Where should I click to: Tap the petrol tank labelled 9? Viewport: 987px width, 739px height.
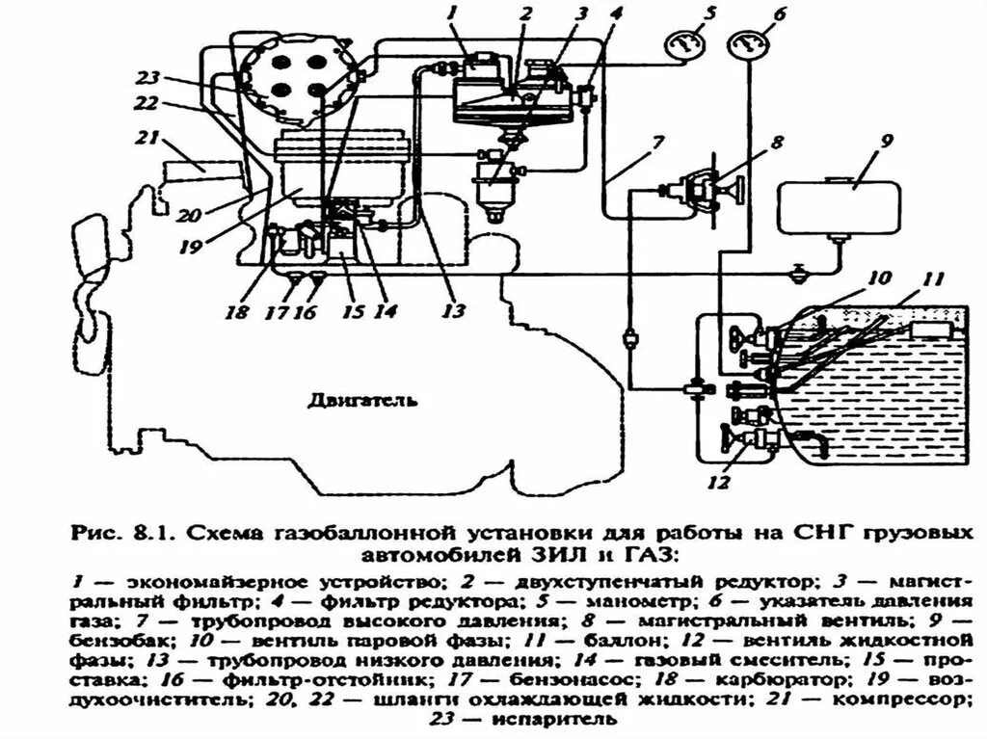point(838,204)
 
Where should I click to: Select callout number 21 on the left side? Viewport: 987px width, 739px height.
point(147,138)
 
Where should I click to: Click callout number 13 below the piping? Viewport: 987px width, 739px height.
point(453,310)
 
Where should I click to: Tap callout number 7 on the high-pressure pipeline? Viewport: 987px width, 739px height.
point(656,146)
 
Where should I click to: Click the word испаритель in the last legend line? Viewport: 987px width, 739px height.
point(562,719)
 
